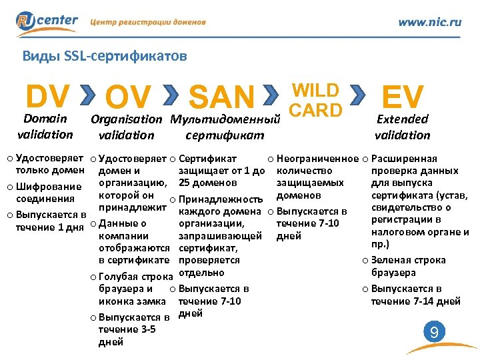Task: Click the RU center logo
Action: [x=48, y=21]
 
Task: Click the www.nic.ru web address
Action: [x=429, y=22]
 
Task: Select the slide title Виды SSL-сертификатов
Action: [x=104, y=56]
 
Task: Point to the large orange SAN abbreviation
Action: [x=222, y=98]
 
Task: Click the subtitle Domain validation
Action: [x=45, y=127]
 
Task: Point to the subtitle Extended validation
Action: [x=402, y=127]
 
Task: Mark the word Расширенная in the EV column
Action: [x=404, y=159]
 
